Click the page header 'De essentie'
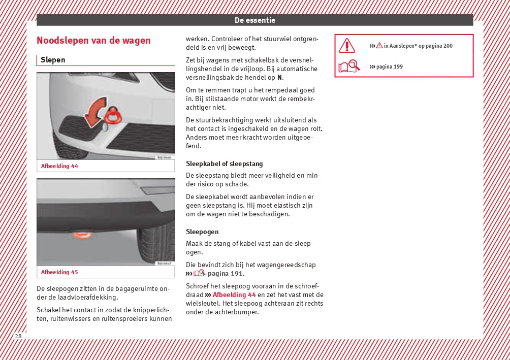[254, 20]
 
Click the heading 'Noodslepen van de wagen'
[93, 41]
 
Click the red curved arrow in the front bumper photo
[94, 112]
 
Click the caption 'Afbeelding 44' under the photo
[59, 166]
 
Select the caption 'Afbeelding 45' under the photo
[59, 272]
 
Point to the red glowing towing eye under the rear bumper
[81, 236]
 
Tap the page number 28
[18, 336]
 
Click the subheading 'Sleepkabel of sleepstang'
[224, 164]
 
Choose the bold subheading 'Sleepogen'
[202, 232]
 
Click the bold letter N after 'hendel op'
[280, 78]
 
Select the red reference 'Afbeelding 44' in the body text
[234, 295]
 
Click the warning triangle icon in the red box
[347, 46]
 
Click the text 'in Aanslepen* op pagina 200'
[418, 46]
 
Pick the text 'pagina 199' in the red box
[390, 67]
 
